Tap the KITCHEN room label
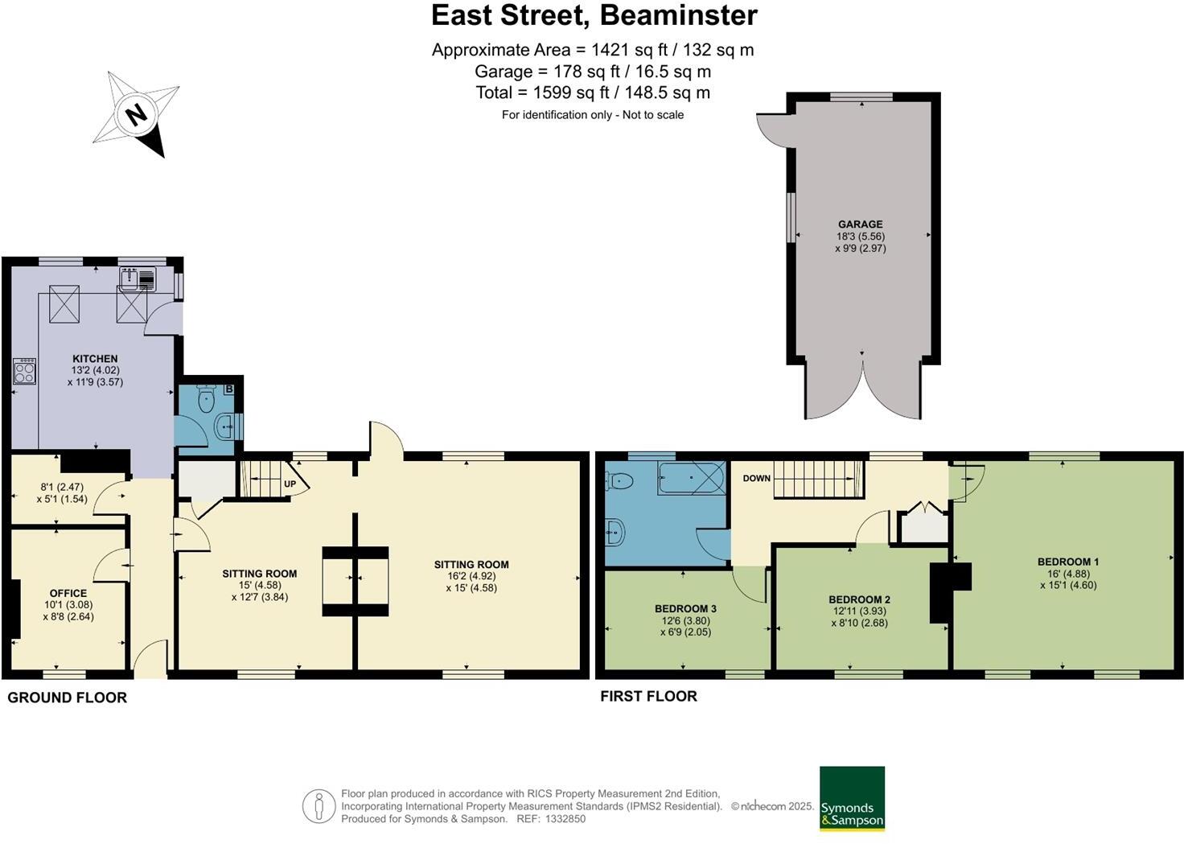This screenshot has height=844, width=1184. pos(95,359)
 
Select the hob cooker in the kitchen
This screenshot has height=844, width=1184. pos(24,372)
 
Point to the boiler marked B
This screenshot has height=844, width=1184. pos(228,389)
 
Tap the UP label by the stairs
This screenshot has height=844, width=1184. pos(290,484)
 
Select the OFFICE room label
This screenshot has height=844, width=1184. pos(68,594)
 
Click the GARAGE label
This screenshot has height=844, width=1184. pos(860,224)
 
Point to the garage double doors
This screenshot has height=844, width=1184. pos(862,391)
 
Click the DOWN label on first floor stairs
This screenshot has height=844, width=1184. pos(756,478)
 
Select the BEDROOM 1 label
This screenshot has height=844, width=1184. pos(1067,562)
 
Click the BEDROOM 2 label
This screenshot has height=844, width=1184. pos(859,599)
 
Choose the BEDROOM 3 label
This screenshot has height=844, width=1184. pos(684,609)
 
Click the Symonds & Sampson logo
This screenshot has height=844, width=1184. pos(852,798)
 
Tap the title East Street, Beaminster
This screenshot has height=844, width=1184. pos(594,15)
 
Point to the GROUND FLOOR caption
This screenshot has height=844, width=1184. pos(68,698)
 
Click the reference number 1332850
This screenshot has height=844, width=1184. pos(565,819)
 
